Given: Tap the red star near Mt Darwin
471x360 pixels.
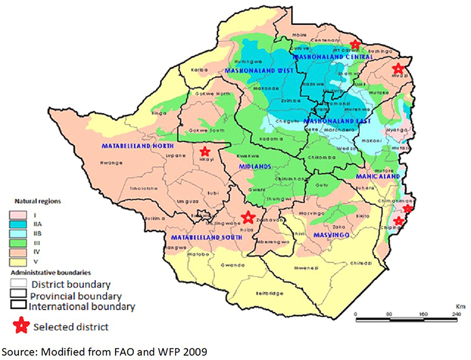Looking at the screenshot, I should coord(355,45).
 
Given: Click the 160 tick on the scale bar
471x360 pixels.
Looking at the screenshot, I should coord(423,314).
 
